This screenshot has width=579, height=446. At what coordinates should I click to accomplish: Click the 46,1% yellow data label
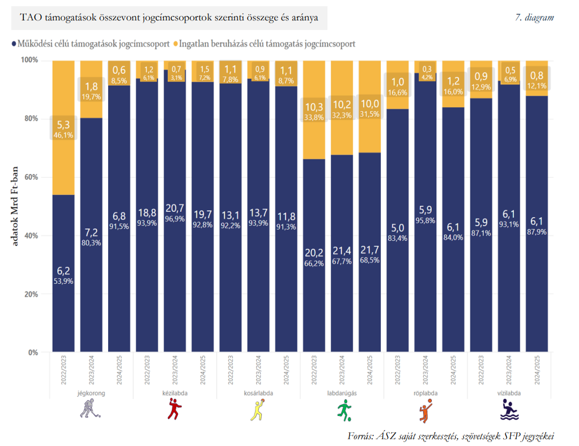click(x=63, y=135)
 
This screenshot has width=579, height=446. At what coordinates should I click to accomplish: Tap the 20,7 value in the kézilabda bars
click(x=174, y=209)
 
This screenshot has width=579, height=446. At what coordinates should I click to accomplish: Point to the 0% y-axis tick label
click(x=33, y=352)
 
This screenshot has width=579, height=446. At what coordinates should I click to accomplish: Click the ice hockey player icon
click(x=90, y=409)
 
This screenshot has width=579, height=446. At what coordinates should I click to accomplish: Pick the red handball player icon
click(x=174, y=409)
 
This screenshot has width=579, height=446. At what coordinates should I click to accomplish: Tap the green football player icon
click(x=344, y=410)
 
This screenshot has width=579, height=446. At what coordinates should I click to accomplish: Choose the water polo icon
click(x=509, y=410)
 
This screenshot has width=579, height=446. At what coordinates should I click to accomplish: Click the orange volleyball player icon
click(x=426, y=410)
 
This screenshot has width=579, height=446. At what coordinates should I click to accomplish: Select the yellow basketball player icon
click(x=258, y=410)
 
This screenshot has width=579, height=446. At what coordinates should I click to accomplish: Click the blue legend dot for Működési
click(x=14, y=44)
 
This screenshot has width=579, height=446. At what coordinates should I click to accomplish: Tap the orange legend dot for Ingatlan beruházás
click(x=176, y=44)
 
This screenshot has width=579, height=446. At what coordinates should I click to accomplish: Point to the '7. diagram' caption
click(x=534, y=18)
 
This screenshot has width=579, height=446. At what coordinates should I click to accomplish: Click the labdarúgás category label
click(x=342, y=393)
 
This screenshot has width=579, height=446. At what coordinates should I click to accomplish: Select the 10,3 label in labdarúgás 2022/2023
click(x=314, y=107)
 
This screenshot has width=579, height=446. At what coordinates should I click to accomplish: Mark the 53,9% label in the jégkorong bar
click(x=63, y=281)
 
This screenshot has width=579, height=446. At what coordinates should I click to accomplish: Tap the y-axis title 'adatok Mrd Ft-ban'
click(x=14, y=206)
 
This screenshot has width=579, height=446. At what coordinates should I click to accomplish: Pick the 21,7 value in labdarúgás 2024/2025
click(x=369, y=250)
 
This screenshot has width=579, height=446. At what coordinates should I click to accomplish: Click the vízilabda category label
click(x=509, y=393)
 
